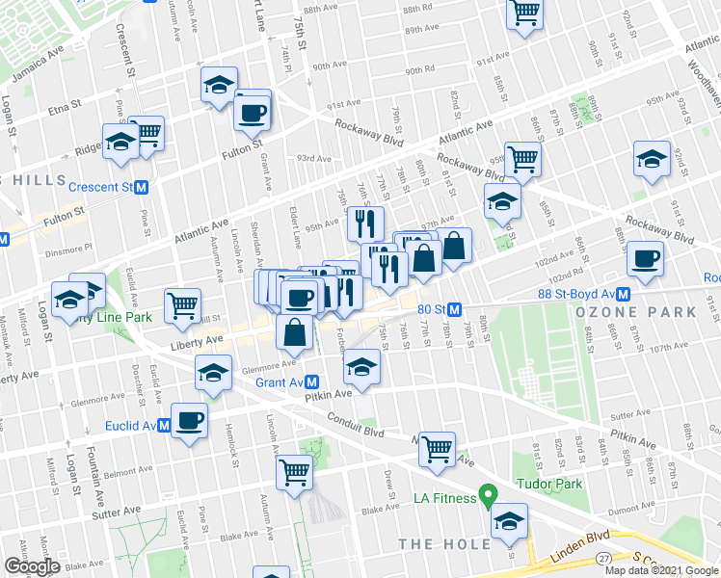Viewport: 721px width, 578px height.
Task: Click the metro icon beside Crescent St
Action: pyautogui.click(x=141, y=186)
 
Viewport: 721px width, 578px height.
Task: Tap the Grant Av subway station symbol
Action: pyautogui.click(x=312, y=382)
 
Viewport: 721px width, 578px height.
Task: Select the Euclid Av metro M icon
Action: pyautogui.click(x=164, y=425)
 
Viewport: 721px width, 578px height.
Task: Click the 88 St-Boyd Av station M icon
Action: pyautogui.click(x=624, y=294)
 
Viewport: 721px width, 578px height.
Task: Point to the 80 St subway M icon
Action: pyautogui.click(x=455, y=309)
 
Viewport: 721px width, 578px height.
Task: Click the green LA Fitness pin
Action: pyautogui.click(x=489, y=497)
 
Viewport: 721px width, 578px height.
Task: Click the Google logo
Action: pyautogui.click(x=31, y=566)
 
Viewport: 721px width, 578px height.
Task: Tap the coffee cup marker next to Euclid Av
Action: pyautogui.click(x=189, y=421)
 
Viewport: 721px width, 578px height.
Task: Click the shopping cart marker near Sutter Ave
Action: pyautogui.click(x=295, y=472)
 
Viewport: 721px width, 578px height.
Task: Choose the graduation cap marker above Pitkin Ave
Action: pyautogui.click(x=361, y=367)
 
